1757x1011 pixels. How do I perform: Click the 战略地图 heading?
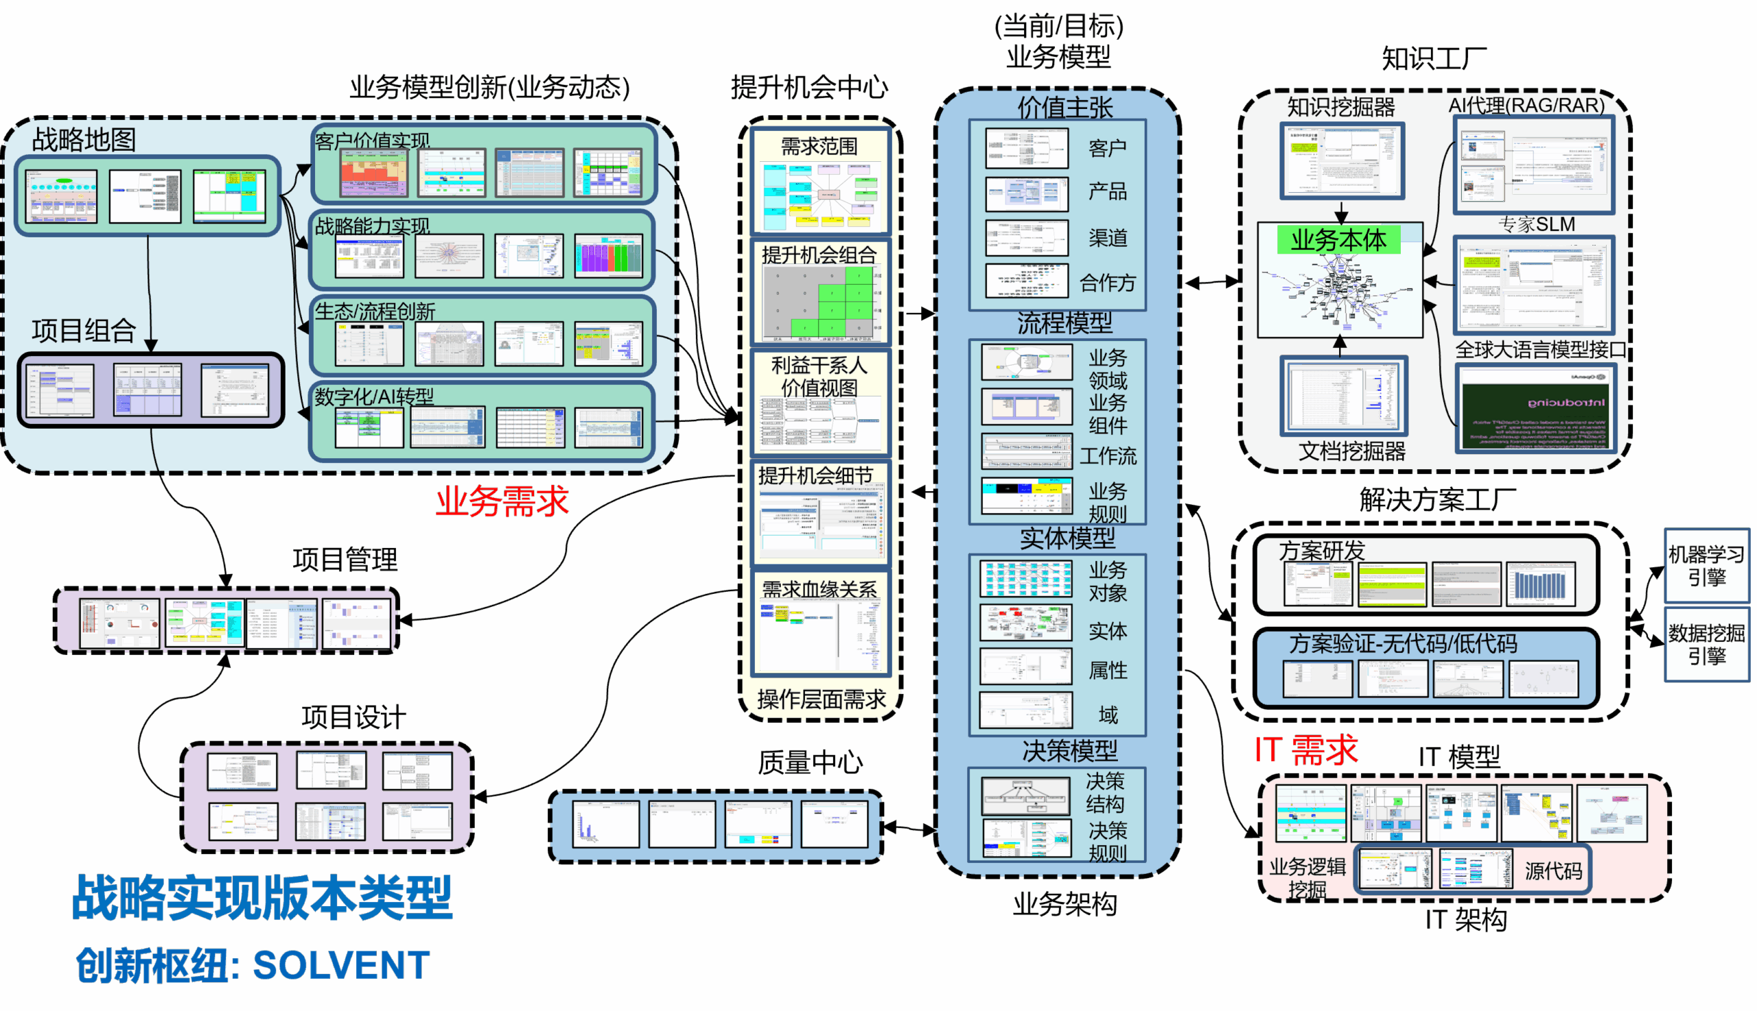84,140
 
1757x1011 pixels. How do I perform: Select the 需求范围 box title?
819,147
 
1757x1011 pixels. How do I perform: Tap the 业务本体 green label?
1338,240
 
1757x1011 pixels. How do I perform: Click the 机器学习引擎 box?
1706,566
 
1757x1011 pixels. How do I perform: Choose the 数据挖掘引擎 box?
1706,644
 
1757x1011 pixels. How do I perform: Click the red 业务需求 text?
502,501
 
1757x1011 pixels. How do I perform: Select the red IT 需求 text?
1306,750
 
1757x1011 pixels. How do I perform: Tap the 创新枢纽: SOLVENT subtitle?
253,965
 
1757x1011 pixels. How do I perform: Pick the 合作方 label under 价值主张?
1108,283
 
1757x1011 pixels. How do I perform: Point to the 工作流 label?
1108,455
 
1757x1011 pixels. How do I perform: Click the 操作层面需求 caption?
821,699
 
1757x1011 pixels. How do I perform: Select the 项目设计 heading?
353,717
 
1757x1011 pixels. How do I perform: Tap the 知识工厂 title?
1434,59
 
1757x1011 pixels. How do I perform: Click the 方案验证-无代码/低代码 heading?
1403,643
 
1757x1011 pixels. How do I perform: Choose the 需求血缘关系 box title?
819,589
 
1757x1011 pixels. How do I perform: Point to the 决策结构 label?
1104,793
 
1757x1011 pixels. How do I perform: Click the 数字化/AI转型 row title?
374,396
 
